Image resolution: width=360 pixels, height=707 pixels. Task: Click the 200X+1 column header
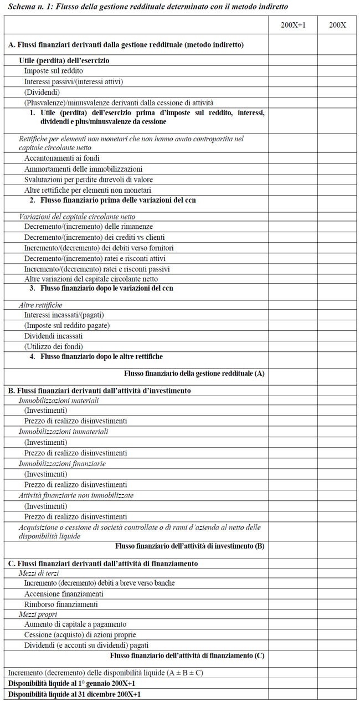293,25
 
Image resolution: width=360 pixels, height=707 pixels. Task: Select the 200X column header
337,25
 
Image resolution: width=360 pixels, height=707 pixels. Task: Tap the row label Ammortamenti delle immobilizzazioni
83,169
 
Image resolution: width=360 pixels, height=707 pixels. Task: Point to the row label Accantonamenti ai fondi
61,158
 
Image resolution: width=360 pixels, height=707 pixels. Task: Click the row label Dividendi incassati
53,336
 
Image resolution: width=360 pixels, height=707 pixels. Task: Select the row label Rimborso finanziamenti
61,604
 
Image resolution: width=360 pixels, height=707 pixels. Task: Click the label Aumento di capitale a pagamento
75,624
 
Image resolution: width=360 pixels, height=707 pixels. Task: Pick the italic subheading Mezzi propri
38,614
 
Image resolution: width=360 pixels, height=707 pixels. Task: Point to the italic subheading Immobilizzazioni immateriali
64,431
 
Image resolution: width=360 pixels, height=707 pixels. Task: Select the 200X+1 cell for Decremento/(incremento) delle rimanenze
293,227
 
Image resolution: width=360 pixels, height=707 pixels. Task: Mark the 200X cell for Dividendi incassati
337,336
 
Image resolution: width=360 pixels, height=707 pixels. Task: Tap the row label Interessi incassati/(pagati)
64,315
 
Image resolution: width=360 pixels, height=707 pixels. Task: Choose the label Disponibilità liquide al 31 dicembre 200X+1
74,694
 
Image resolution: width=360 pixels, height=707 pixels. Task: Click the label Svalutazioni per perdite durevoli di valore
89,180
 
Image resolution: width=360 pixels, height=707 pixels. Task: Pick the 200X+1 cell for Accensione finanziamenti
293,594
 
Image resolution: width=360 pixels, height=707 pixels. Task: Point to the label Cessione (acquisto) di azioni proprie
80,635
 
